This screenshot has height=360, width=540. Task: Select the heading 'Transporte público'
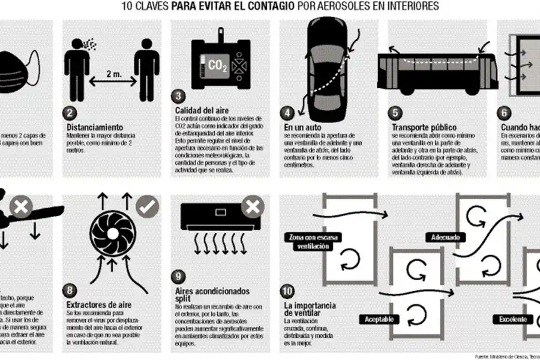coord(424,128)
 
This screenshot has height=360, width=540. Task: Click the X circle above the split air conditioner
coord(253,208)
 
